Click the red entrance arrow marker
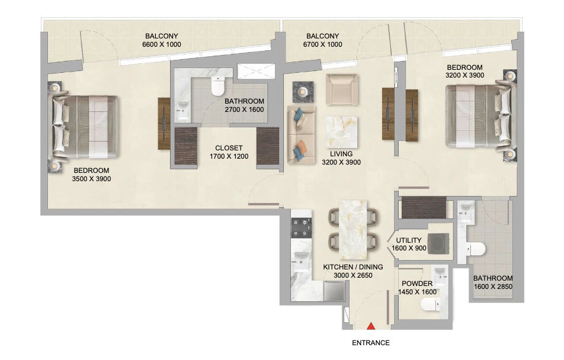pyautogui.click(x=371, y=326)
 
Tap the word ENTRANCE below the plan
pyautogui.click(x=370, y=343)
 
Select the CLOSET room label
pyautogui.click(x=229, y=152)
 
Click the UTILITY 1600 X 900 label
pyautogui.click(x=409, y=244)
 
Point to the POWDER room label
pyautogui.click(x=417, y=288)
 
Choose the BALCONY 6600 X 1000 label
pyautogui.click(x=162, y=40)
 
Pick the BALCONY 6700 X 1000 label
pyautogui.click(x=323, y=40)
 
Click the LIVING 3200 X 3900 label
pyautogui.click(x=341, y=158)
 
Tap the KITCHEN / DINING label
pyautogui.click(x=353, y=271)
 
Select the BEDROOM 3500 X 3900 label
pyautogui.click(x=91, y=175)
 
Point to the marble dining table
pyautogui.click(x=353, y=230)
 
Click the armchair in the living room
pyautogui.click(x=341, y=89)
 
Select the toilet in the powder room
pyautogui.click(x=430, y=305)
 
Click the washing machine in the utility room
pyautogui.click(x=438, y=244)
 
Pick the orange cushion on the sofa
pyautogui.click(x=301, y=147)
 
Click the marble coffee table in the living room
pyautogui.click(x=341, y=131)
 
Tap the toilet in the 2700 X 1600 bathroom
pyautogui.click(x=217, y=86)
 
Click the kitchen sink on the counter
pyautogui.click(x=301, y=258)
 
